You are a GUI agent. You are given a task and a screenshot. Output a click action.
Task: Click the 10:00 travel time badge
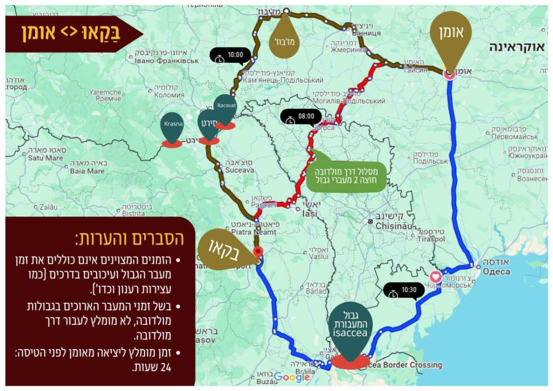point(230,55)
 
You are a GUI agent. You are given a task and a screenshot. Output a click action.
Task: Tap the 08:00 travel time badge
point(300,117)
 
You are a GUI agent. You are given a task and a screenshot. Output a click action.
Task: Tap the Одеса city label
point(496,272)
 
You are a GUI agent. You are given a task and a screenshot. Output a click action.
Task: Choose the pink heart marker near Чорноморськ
point(435,277)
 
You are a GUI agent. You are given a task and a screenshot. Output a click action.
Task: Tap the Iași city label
point(308,214)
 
